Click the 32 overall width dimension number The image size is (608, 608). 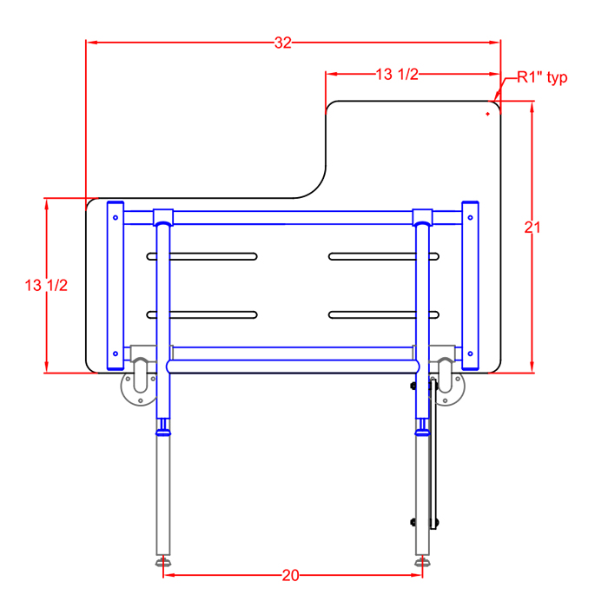[x=282, y=43]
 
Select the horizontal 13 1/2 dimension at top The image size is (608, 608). [x=397, y=74]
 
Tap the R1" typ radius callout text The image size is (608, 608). [x=542, y=77]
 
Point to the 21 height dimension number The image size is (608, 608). [x=532, y=228]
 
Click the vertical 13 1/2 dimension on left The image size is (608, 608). [x=46, y=286]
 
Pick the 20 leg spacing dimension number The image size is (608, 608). [x=290, y=575]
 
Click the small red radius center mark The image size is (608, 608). [x=487, y=114]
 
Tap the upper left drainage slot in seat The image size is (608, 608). [x=202, y=256]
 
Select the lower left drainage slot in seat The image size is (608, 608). [x=202, y=314]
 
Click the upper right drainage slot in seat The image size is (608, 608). [x=384, y=256]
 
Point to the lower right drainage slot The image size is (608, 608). [x=384, y=314]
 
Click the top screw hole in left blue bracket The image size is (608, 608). [x=116, y=217]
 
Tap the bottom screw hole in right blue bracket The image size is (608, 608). [x=470, y=354]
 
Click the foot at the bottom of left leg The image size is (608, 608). [x=163, y=562]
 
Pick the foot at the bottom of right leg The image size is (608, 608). [x=422, y=562]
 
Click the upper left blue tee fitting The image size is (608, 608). [x=163, y=217]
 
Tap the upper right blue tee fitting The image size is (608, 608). [x=422, y=217]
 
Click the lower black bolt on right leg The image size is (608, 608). [x=413, y=522]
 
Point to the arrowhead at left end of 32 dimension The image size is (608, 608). [x=90, y=43]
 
